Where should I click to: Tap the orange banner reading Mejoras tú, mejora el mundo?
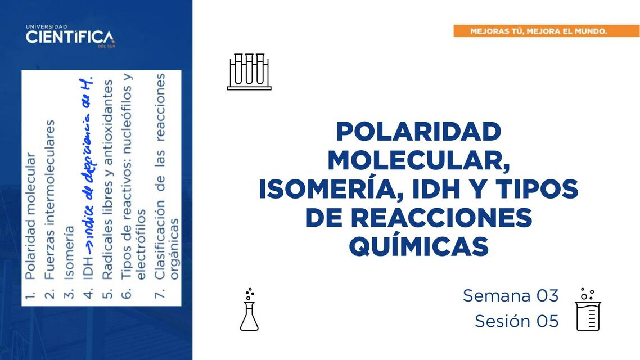click(x=538, y=31)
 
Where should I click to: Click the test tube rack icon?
click(x=249, y=71)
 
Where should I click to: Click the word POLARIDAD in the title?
click(x=418, y=132)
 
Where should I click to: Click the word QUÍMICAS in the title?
click(x=418, y=247)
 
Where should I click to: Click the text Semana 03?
click(x=511, y=295)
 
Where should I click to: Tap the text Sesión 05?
click(x=516, y=321)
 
